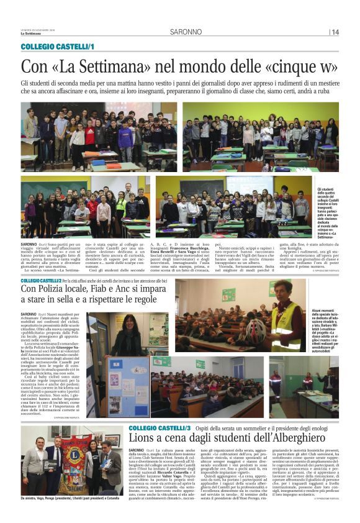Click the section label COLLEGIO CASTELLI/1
tap(57, 47)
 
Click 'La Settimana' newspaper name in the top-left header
tap(31, 34)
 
